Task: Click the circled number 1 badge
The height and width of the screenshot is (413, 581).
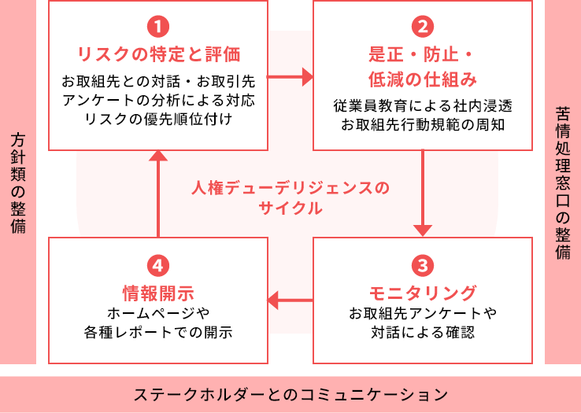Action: [x=158, y=27]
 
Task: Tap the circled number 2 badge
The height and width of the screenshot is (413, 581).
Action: [x=423, y=27]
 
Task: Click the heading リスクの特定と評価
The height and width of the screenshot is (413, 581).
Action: [x=158, y=54]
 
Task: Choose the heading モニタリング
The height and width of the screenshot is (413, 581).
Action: [x=423, y=293]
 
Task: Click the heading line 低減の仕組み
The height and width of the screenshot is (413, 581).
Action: [x=423, y=79]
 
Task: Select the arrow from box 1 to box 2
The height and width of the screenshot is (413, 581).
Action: [x=290, y=77]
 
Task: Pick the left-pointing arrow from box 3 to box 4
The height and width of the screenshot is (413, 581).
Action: [x=290, y=299]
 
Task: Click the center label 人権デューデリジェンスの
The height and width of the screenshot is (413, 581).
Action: [x=290, y=189]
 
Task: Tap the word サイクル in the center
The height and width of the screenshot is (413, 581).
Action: [x=290, y=209]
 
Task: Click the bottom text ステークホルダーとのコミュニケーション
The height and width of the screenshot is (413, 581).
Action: [x=290, y=393]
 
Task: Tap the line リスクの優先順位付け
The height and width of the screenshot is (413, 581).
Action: [x=158, y=119]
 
